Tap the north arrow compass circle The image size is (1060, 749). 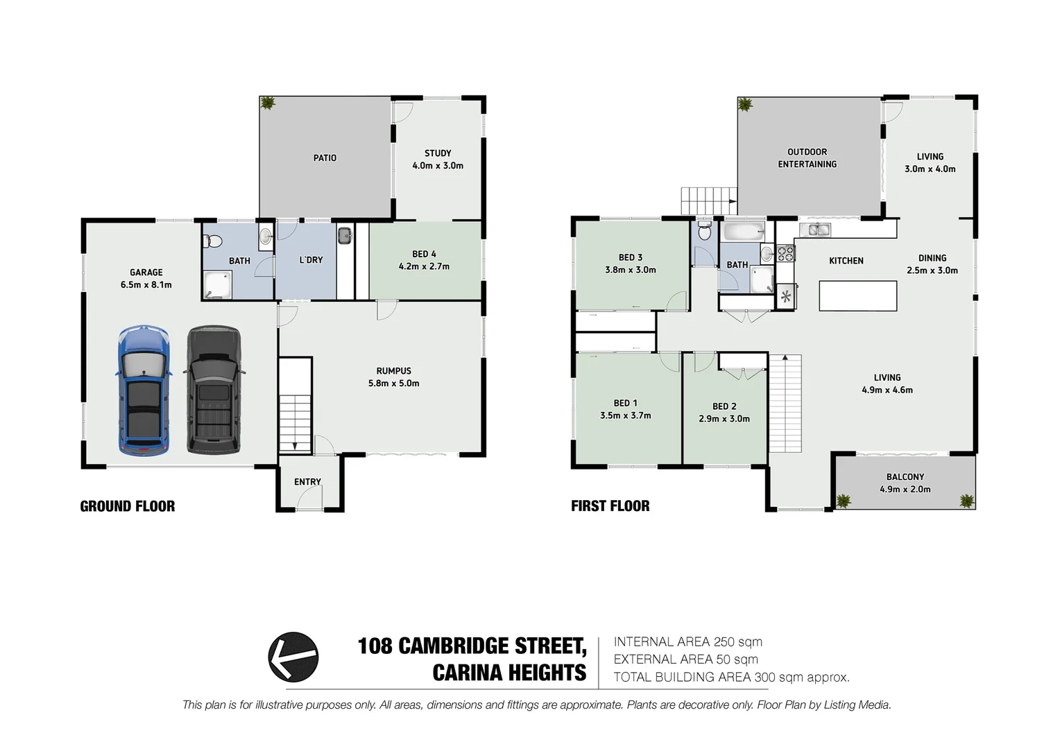293,657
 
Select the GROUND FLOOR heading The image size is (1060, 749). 128,506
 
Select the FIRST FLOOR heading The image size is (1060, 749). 610,506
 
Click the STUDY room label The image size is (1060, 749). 438,153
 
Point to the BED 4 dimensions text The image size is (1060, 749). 424,266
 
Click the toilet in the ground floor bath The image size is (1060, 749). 212,241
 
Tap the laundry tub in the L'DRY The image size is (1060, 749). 345,236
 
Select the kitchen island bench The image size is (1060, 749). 857,295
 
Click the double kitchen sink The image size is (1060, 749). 814,230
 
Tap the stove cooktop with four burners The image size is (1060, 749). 785,254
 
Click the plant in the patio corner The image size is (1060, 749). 267,104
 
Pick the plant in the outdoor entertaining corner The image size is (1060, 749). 745,105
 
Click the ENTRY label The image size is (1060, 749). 307,482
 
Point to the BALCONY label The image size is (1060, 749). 905,477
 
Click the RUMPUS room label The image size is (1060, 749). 394,371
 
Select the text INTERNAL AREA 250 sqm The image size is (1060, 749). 687,642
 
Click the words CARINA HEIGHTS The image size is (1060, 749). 509,673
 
